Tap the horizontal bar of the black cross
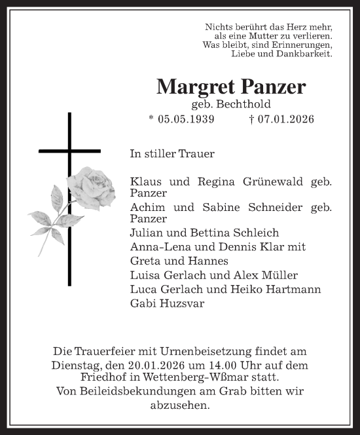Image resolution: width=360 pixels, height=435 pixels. point(69,151)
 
